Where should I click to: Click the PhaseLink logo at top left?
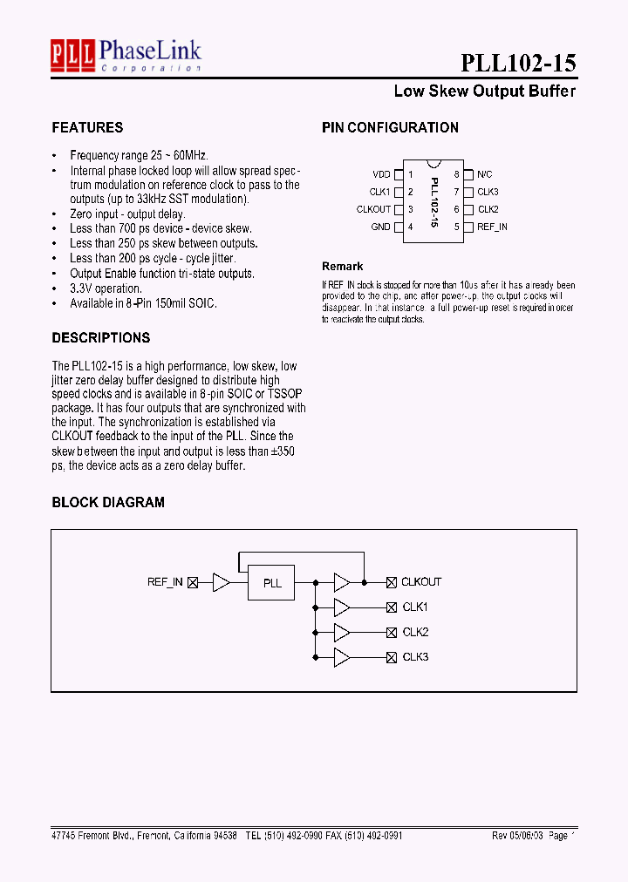click(x=126, y=54)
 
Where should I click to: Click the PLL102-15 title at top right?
click(x=518, y=63)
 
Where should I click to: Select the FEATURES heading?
click(x=87, y=127)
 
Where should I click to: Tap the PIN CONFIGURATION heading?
click(x=390, y=127)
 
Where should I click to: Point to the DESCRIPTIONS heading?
click(x=100, y=337)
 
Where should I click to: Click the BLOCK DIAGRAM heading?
click(x=107, y=502)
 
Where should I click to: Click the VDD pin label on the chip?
click(x=381, y=174)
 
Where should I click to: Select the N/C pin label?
click(x=485, y=174)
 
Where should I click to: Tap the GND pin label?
click(x=380, y=227)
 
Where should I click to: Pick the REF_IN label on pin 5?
click(x=492, y=227)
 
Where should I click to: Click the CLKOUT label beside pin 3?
click(x=373, y=209)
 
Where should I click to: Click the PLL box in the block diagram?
click(x=272, y=582)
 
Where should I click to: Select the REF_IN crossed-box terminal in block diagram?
click(x=193, y=581)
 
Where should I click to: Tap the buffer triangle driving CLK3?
click(x=342, y=657)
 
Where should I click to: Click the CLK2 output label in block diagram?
click(x=415, y=632)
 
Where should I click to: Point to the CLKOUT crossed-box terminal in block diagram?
click(x=392, y=581)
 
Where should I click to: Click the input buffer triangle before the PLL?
click(x=222, y=581)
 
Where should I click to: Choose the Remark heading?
click(x=342, y=266)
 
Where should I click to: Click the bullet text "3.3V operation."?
click(x=106, y=288)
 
